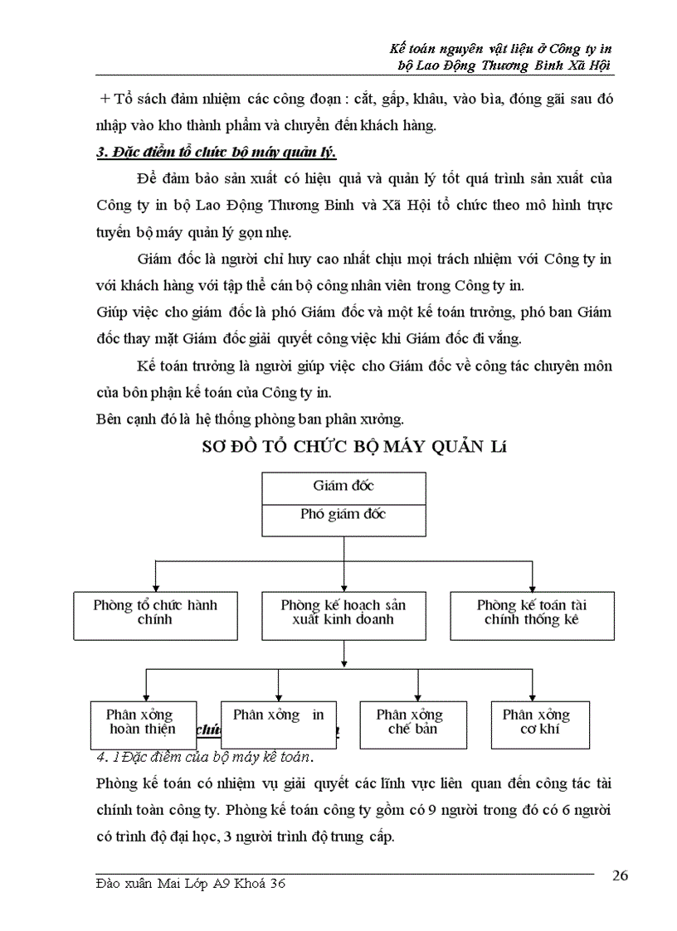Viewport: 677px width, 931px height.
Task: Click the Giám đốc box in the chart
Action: pyautogui.click(x=343, y=487)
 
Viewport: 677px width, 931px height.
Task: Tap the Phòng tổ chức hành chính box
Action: pyautogui.click(x=154, y=614)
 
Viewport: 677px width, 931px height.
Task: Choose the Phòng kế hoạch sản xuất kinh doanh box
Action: pyautogui.click(x=343, y=614)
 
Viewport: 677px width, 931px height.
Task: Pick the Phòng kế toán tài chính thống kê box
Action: pyautogui.click(x=532, y=614)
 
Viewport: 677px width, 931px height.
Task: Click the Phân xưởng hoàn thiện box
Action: pyautogui.click(x=143, y=724)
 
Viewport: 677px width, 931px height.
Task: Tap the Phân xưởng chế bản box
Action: pyautogui.click(x=414, y=724)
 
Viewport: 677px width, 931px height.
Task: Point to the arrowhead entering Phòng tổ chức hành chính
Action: pyautogui.click(x=154, y=586)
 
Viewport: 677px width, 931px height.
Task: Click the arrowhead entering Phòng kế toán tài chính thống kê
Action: pyautogui.click(x=532, y=586)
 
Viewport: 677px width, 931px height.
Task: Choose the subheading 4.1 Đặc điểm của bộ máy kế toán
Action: pyautogui.click(x=204, y=757)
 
